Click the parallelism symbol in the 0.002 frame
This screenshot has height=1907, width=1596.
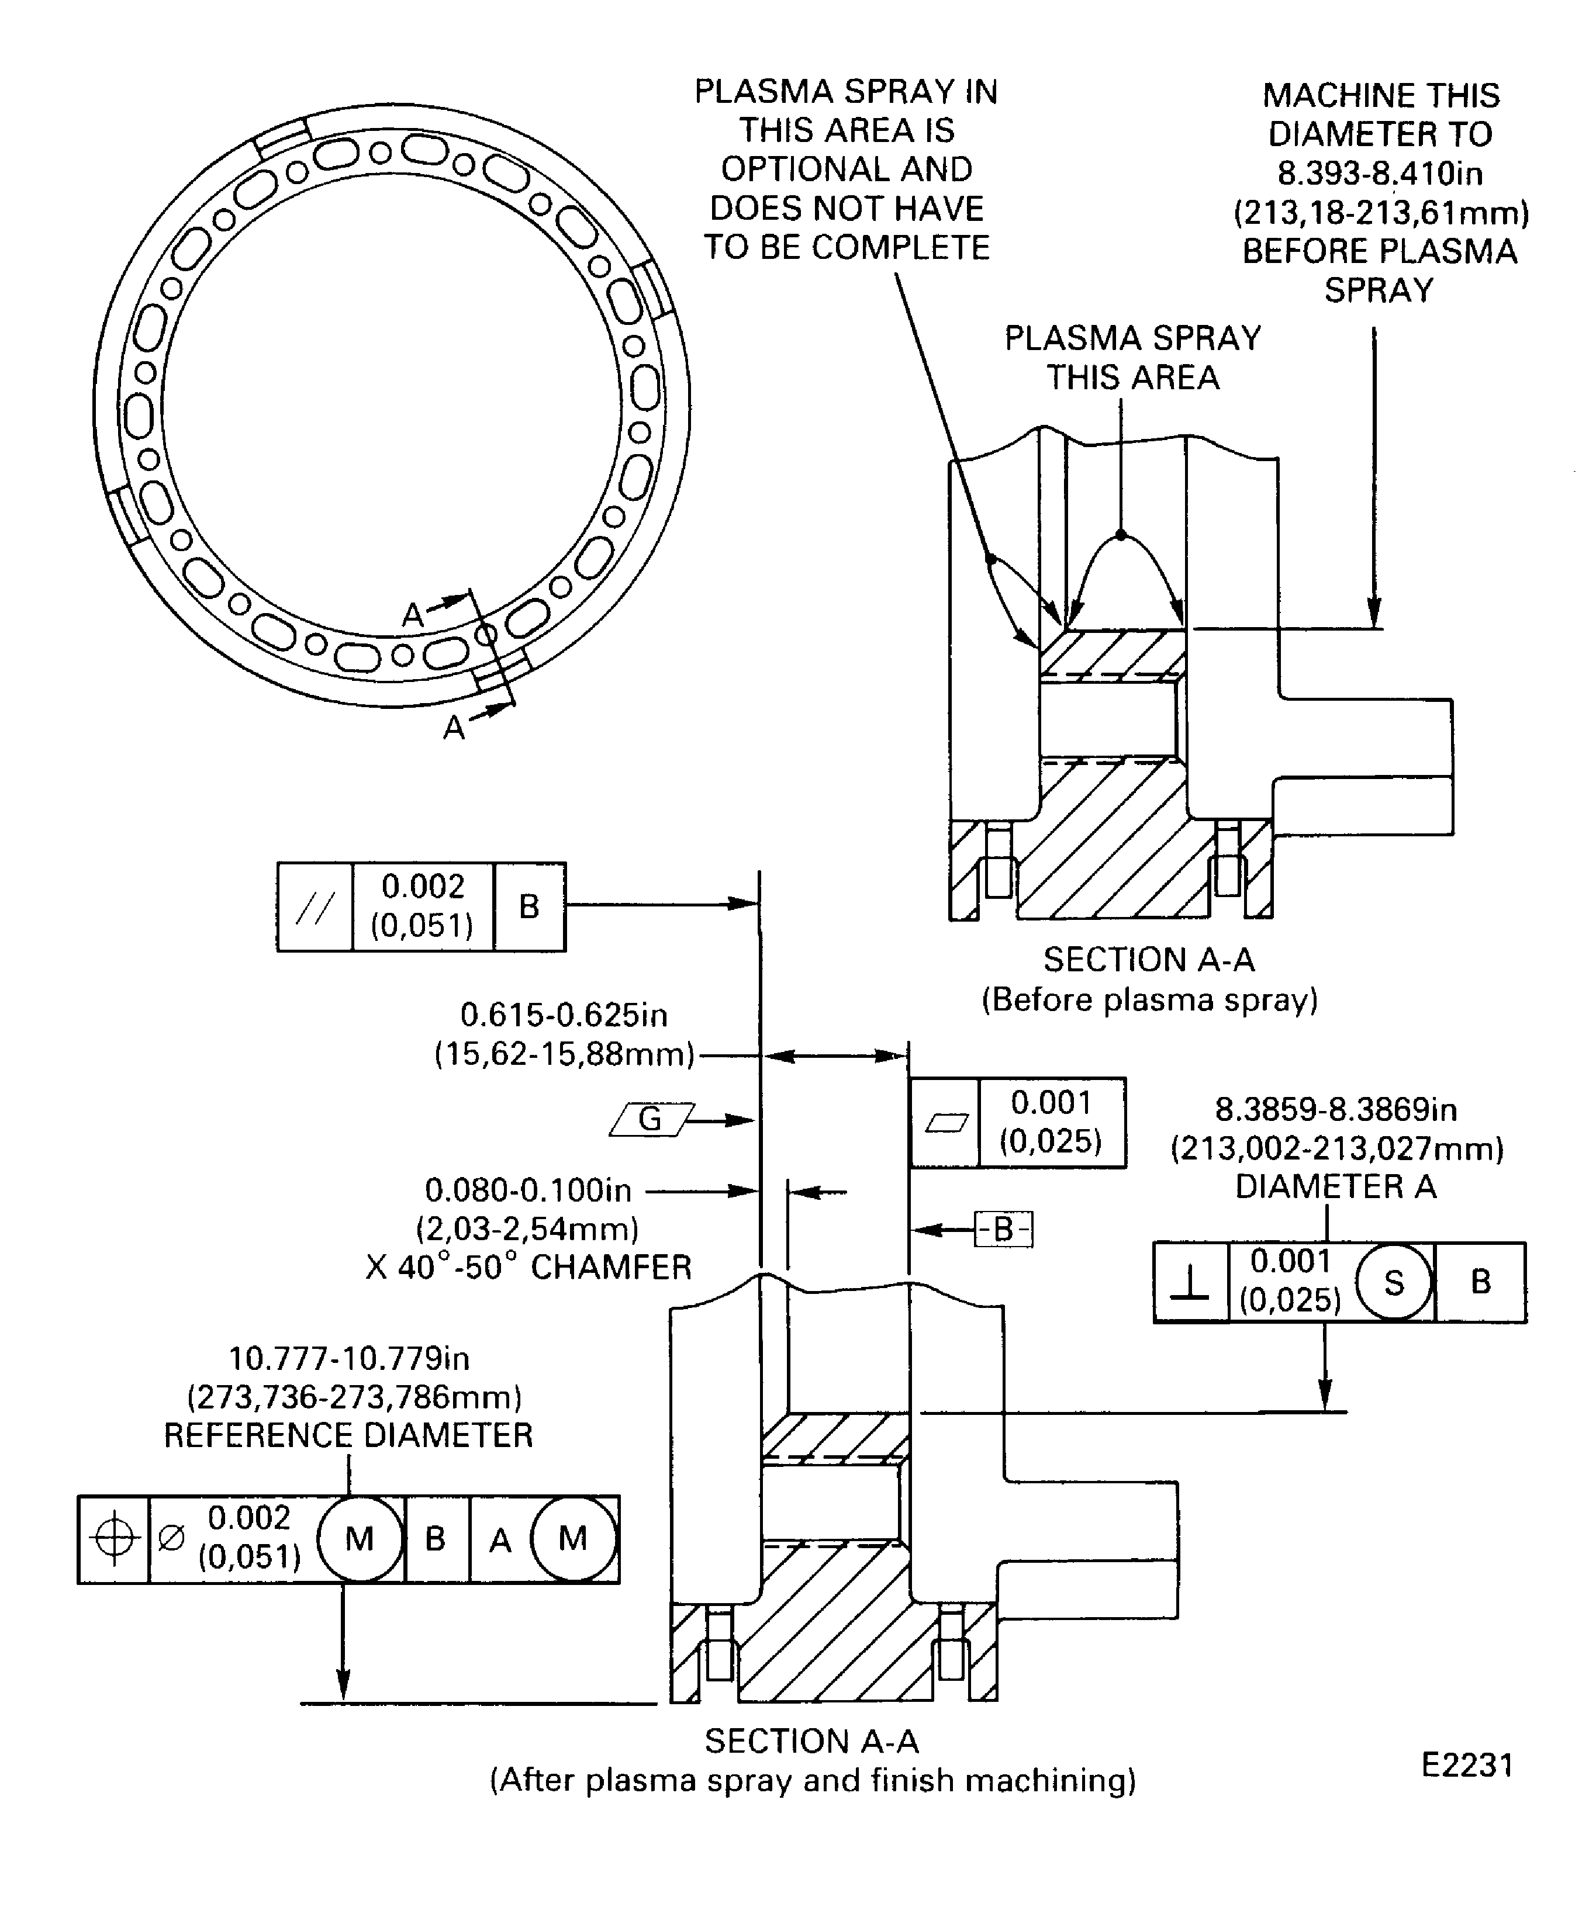point(315,907)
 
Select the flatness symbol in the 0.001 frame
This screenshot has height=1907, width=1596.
point(945,1123)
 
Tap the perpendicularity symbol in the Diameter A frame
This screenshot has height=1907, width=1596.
point(1190,1282)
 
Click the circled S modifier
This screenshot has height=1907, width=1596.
point(1394,1282)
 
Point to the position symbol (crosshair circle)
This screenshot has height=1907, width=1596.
point(113,1539)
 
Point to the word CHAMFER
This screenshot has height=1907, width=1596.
point(610,1268)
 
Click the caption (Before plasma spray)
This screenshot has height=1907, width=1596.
point(1149,1000)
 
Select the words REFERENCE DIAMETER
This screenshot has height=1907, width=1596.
point(348,1436)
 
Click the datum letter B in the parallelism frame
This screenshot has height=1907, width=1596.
point(528,906)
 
